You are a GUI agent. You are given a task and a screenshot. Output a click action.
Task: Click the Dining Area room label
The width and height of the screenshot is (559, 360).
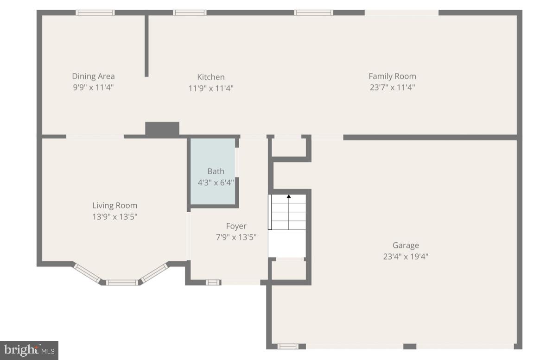click(93, 76)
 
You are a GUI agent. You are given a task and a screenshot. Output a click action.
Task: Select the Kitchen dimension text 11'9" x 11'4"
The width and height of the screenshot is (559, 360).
click(211, 88)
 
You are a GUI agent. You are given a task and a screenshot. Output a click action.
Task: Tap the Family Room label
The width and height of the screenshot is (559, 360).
click(392, 76)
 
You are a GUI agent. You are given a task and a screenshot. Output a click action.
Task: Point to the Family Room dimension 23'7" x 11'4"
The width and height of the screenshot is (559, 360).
click(392, 88)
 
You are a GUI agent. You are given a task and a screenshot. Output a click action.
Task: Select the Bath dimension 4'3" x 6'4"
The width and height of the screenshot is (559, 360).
click(216, 183)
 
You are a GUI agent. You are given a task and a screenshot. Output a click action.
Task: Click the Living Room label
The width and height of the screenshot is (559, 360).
click(114, 206)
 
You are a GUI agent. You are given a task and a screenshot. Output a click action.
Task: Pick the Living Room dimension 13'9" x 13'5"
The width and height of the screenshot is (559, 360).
click(114, 216)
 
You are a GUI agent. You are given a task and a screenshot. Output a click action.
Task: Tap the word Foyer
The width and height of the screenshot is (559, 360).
click(236, 226)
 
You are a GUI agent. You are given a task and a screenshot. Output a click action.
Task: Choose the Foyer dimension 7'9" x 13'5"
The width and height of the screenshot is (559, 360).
click(236, 237)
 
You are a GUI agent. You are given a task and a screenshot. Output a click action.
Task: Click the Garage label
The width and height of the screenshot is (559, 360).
click(406, 246)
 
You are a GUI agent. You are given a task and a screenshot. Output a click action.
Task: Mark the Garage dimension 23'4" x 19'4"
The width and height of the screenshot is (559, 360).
click(406, 256)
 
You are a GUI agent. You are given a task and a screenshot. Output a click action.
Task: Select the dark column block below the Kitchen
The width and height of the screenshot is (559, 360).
click(162, 129)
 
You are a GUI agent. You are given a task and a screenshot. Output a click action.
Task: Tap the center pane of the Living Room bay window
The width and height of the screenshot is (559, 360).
click(122, 282)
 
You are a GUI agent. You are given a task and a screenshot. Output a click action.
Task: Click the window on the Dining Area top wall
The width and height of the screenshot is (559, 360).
click(95, 13)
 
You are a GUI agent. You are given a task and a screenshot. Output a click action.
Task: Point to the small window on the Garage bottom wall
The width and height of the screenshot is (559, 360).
click(288, 346)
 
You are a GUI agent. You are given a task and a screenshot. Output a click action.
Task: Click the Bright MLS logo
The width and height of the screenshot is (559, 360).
click(29, 350)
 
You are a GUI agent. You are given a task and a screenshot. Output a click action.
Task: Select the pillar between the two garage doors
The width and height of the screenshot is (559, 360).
click(410, 346)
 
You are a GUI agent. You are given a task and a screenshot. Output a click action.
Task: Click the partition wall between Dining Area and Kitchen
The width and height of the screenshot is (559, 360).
click(146, 46)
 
